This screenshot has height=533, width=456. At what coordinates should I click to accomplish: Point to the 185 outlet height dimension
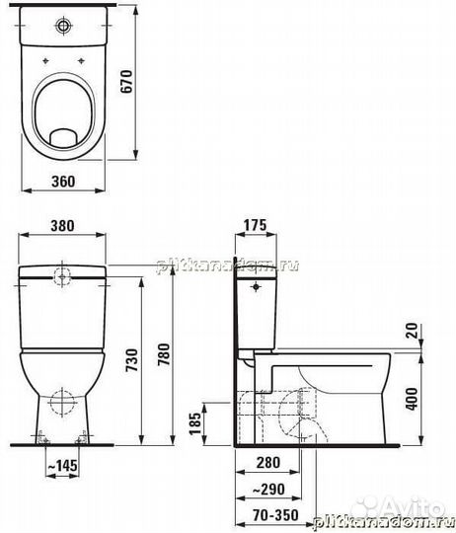(x=194, y=423)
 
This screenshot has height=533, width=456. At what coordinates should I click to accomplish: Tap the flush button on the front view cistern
(x=63, y=275)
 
